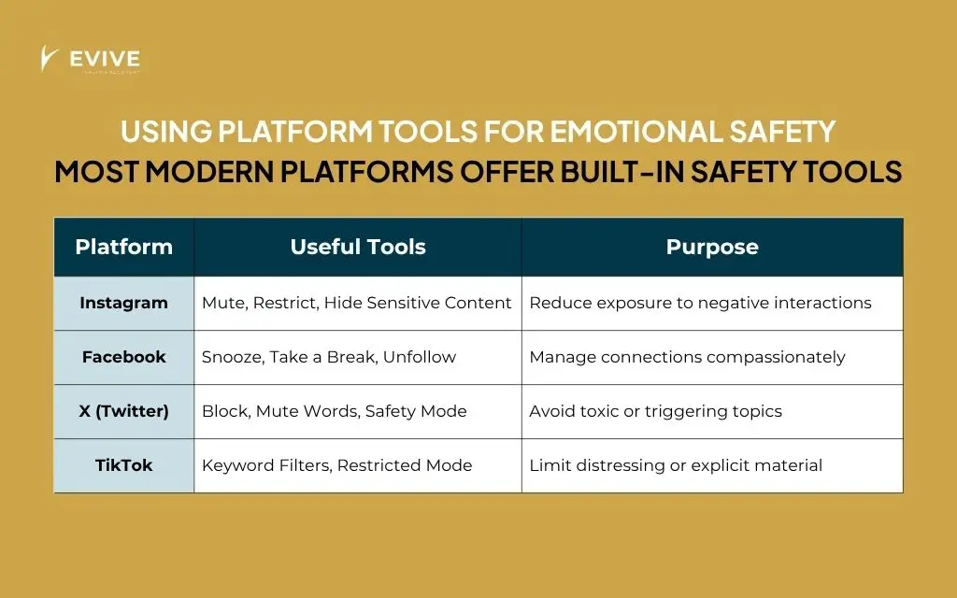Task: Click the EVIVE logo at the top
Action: pyautogui.click(x=91, y=61)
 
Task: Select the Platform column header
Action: pyautogui.click(x=123, y=247)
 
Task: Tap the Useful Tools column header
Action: pyautogui.click(x=358, y=247)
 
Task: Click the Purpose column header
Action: pyautogui.click(x=712, y=247)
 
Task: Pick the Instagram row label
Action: pyautogui.click(x=123, y=303)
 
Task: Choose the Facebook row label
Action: pyautogui.click(x=123, y=357)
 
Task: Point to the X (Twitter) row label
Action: pyautogui.click(x=123, y=411)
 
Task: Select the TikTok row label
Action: pyautogui.click(x=123, y=465)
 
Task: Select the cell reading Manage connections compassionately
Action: pyautogui.click(x=687, y=357)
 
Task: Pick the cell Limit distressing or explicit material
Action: pyautogui.click(x=676, y=465)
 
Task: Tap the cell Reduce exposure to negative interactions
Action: pyautogui.click(x=700, y=303)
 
